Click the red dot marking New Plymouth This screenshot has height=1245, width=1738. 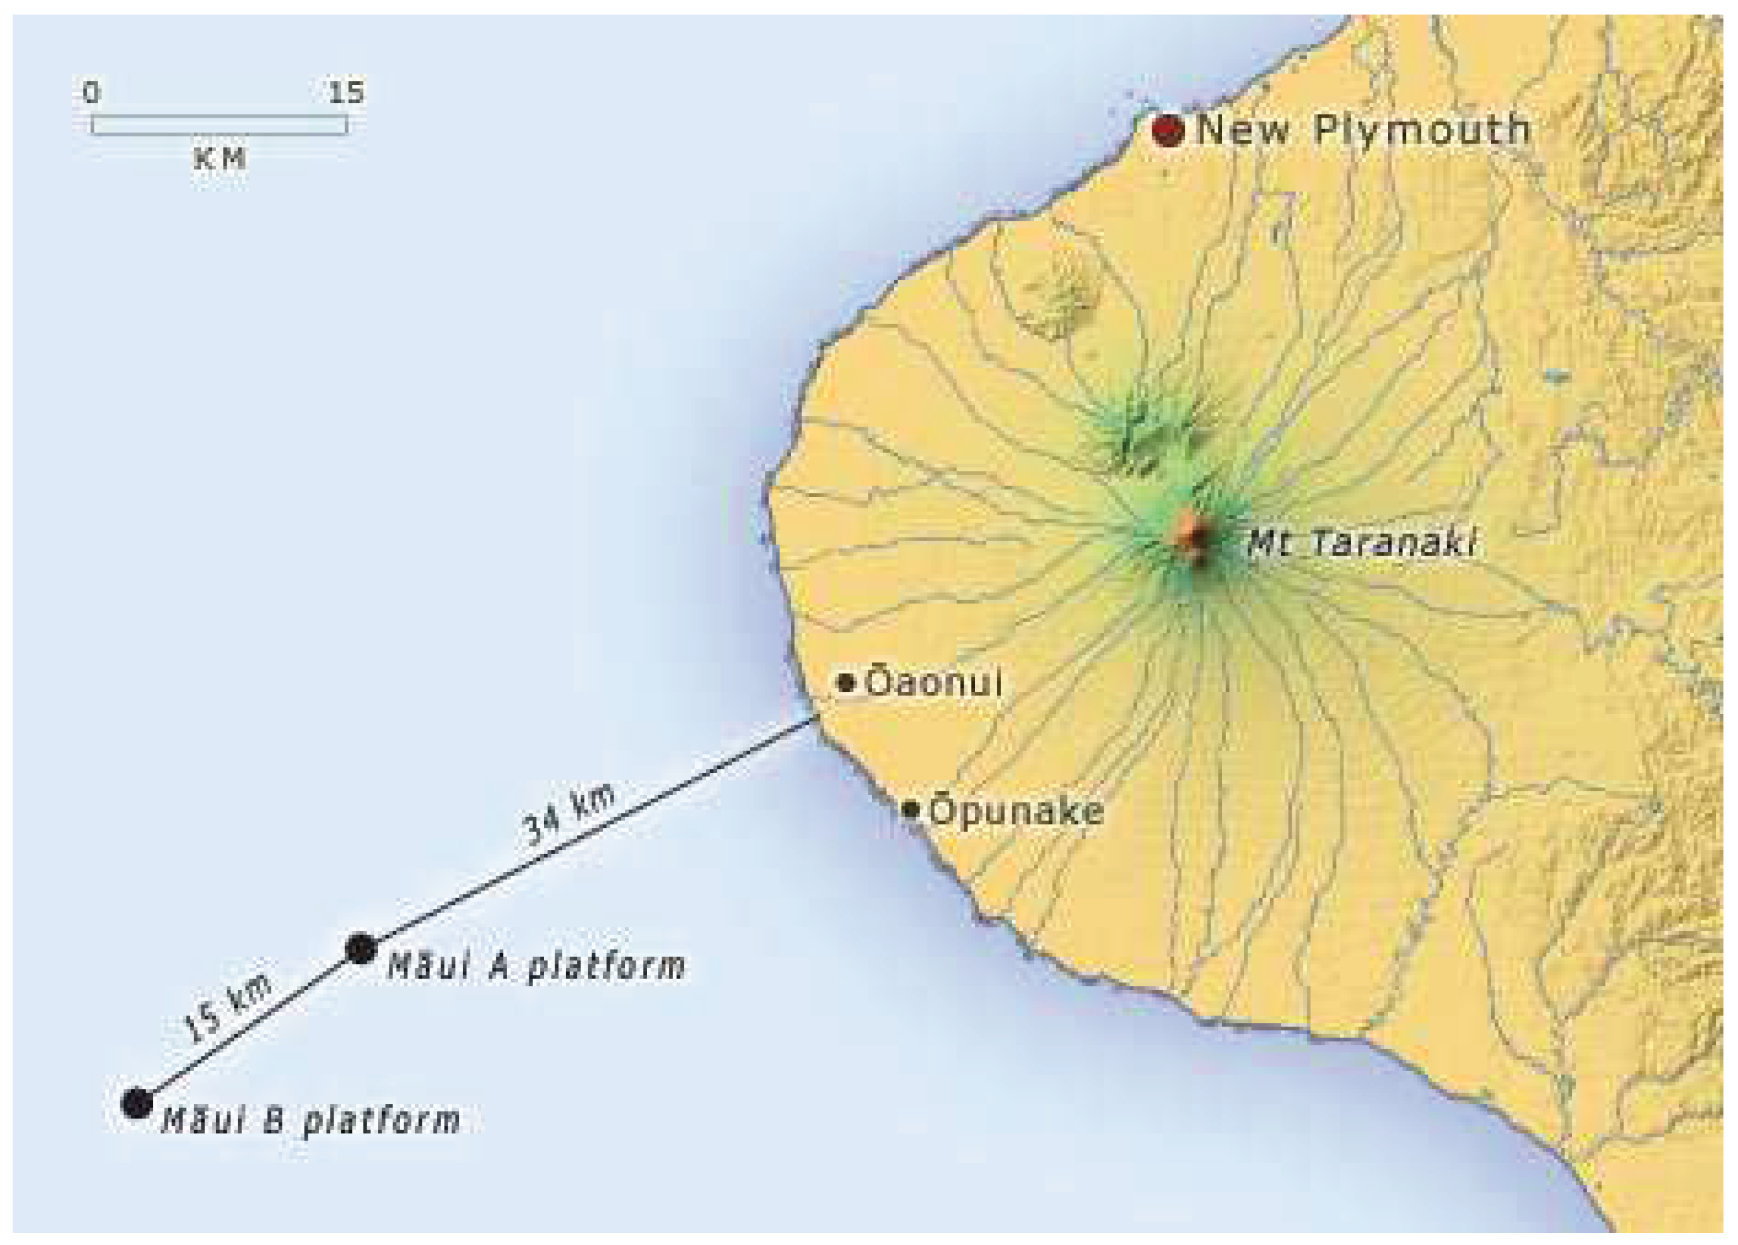[1169, 131]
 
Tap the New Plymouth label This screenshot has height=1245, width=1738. [1363, 130]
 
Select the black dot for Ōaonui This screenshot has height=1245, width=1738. [846, 682]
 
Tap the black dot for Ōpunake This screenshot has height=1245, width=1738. [910, 809]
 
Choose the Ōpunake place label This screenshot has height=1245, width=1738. [1016, 811]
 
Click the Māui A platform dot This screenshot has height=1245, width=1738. [360, 949]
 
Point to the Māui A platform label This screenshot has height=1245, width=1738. [536, 965]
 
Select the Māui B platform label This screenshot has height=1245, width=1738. [310, 1121]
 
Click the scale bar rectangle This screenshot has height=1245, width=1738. [219, 125]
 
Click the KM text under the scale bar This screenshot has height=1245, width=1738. [220, 159]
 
